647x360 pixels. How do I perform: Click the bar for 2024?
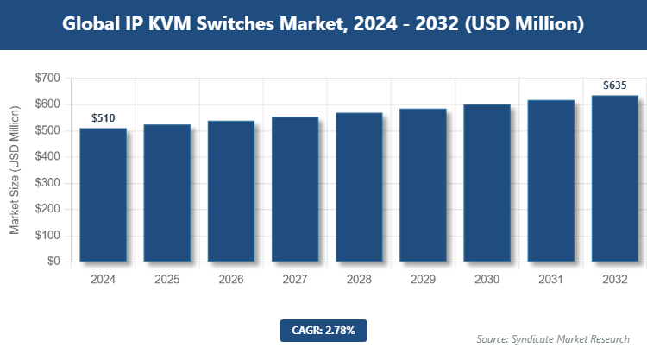pyautogui.click(x=103, y=195)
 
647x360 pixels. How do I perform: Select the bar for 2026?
pyautogui.click(x=231, y=191)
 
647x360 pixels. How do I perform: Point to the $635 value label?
pyautogui.click(x=614, y=85)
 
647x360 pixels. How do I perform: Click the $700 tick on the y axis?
pyautogui.click(x=47, y=79)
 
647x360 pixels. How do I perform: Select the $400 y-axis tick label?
pyautogui.click(x=47, y=157)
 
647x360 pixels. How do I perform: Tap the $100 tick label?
pyautogui.click(x=47, y=236)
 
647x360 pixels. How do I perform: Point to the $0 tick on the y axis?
pyautogui.click(x=53, y=262)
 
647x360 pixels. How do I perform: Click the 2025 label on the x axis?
pyautogui.click(x=167, y=280)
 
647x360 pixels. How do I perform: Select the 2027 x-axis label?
pyautogui.click(x=295, y=280)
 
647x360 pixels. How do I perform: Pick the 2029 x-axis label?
pyautogui.click(x=423, y=280)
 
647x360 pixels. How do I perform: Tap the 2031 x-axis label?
pyautogui.click(x=550, y=280)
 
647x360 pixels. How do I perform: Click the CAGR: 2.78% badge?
pyautogui.click(x=323, y=330)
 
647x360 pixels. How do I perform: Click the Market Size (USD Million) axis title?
pyautogui.click(x=15, y=170)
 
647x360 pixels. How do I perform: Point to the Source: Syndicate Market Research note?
pyautogui.click(x=552, y=339)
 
